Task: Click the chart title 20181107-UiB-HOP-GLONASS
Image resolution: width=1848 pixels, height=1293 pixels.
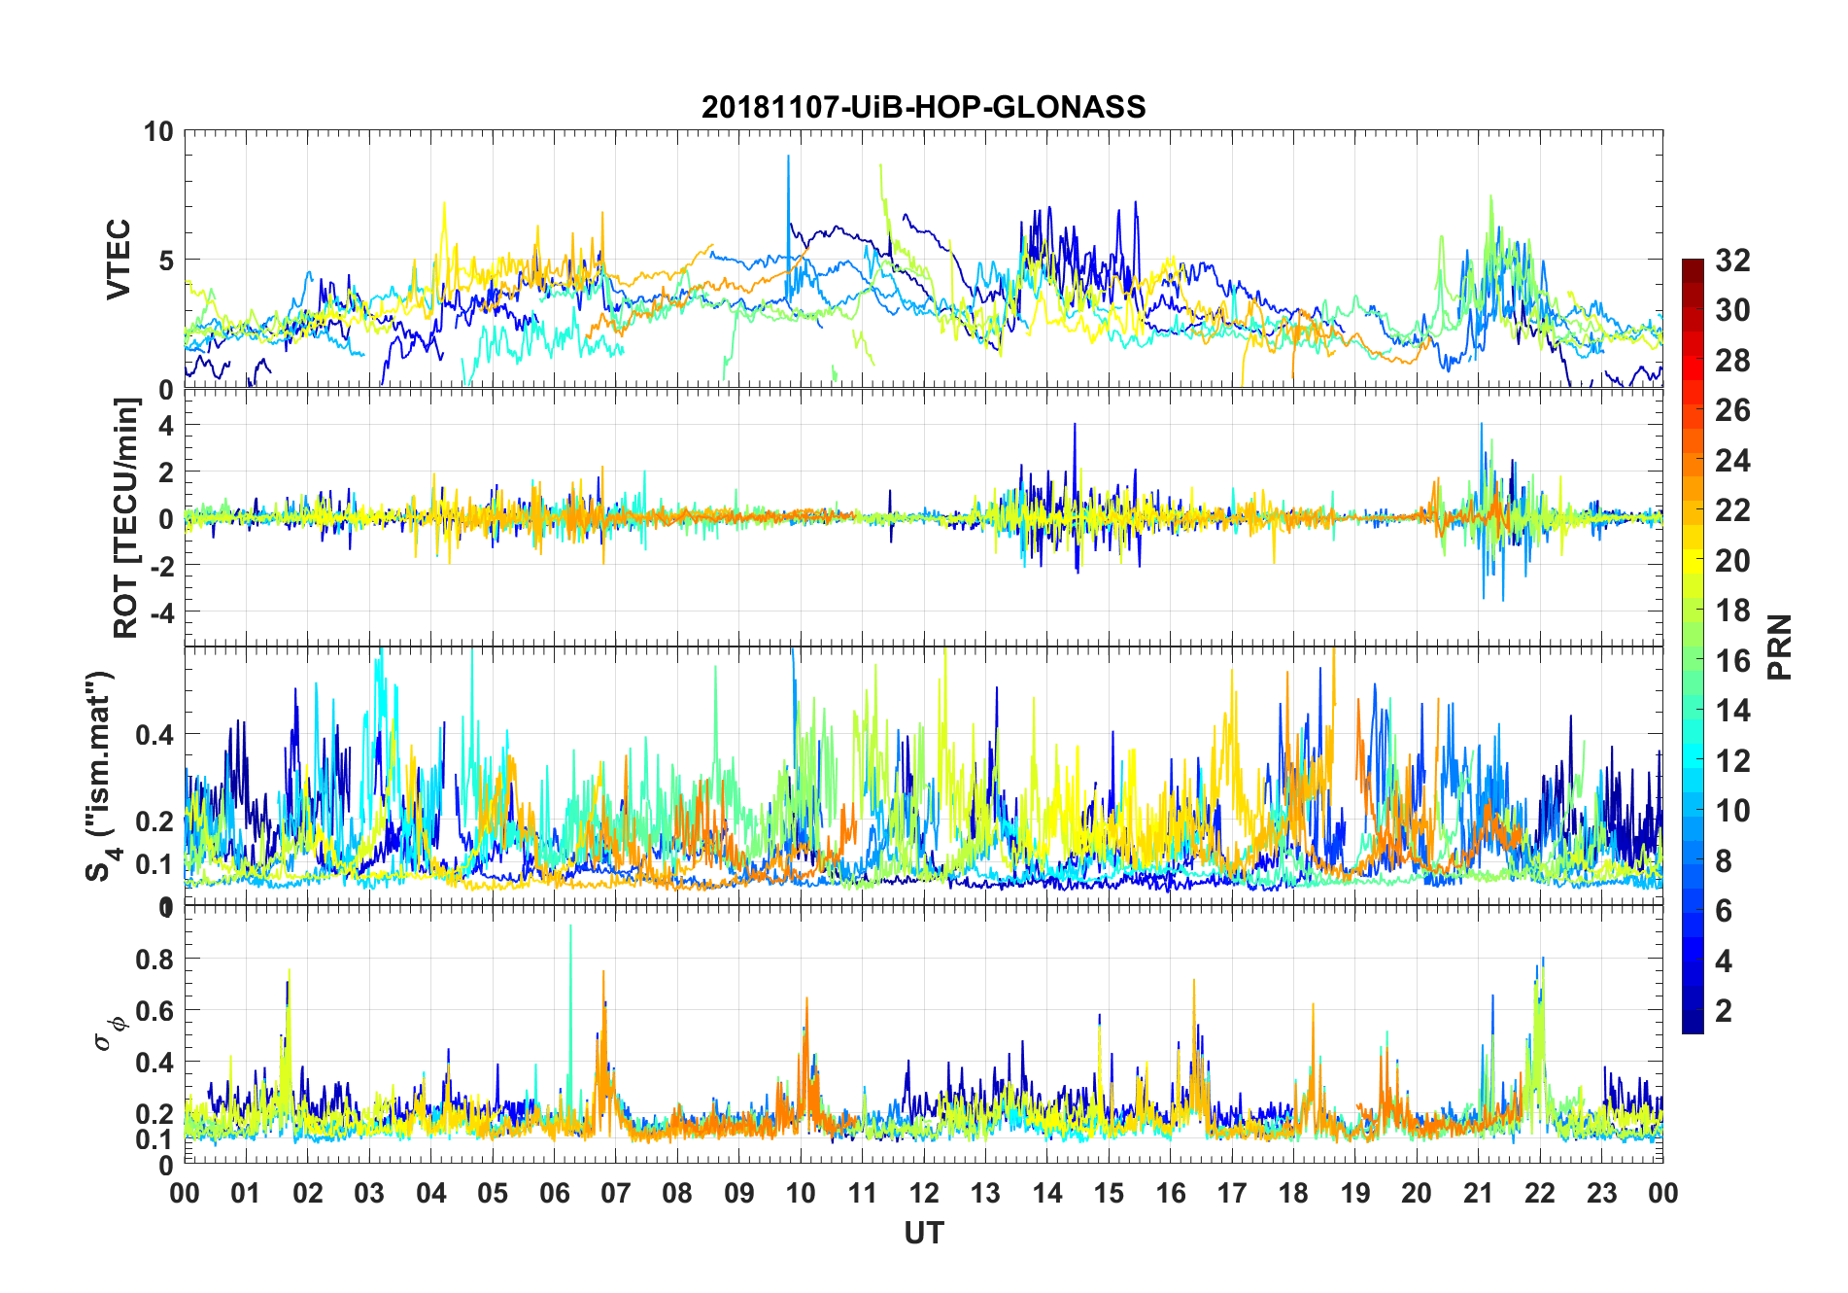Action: click(923, 107)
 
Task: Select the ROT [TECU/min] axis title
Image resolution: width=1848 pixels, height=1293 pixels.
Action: click(126, 517)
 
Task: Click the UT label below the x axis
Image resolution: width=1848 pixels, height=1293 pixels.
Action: click(923, 1233)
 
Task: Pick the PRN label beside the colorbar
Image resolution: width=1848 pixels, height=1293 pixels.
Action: click(1779, 646)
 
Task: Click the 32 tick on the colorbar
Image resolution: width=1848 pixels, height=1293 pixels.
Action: click(1732, 260)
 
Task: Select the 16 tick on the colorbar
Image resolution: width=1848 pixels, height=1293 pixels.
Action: click(1732, 661)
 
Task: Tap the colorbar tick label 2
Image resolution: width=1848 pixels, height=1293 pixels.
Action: click(1724, 1011)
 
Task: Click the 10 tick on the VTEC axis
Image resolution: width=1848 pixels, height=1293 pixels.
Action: click(158, 131)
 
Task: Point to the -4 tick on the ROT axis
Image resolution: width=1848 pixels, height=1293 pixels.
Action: click(159, 612)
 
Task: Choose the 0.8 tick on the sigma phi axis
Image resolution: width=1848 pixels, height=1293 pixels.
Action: click(155, 959)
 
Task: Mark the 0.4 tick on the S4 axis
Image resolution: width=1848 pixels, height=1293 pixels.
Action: click(155, 734)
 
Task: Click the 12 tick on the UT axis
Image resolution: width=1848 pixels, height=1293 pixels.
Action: click(924, 1193)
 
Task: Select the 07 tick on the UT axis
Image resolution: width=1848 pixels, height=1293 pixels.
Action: click(616, 1193)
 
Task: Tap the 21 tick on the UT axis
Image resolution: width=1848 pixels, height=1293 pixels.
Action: click(1478, 1193)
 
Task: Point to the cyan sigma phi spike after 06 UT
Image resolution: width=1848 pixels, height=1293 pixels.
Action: click(570, 933)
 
